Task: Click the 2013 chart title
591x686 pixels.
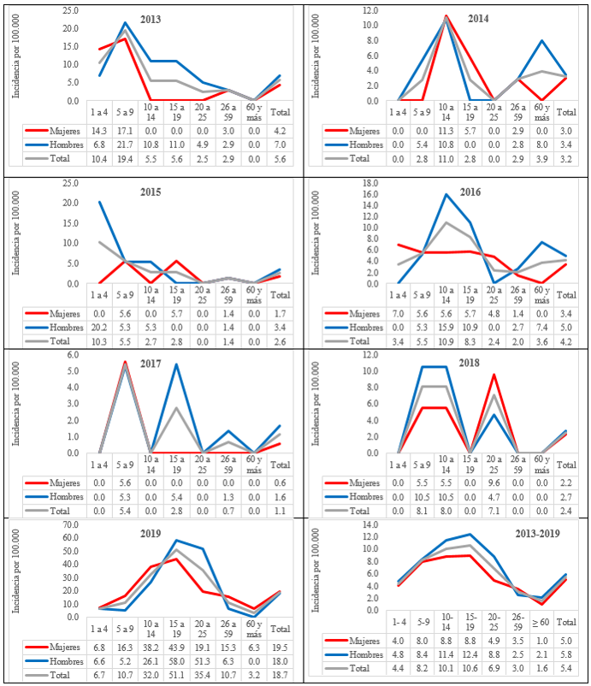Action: point(149,19)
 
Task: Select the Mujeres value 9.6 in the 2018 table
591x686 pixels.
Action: point(493,483)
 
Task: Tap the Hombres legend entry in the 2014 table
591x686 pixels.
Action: point(351,145)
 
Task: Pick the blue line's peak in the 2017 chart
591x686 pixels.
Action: point(175,364)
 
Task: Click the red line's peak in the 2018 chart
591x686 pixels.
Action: point(493,375)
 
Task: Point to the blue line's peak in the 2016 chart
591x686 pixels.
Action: point(446,194)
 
